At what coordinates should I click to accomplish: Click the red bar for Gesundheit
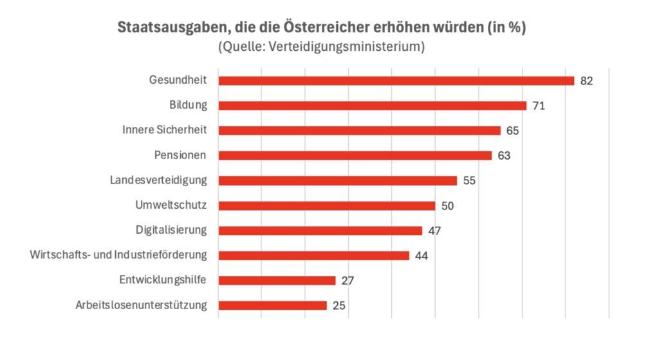tap(396, 81)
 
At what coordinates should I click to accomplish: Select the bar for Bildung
tap(372, 106)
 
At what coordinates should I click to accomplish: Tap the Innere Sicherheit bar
tap(359, 131)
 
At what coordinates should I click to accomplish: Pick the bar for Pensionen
tap(355, 155)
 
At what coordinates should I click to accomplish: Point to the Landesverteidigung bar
tap(337, 180)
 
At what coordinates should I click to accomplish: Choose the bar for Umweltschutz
tap(326, 205)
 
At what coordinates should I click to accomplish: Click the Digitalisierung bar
tap(320, 231)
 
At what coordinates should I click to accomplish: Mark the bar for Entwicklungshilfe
tap(277, 280)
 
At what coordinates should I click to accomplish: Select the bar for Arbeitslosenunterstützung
tap(272, 305)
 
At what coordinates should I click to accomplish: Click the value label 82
tap(586, 81)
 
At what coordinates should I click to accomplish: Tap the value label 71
tap(539, 106)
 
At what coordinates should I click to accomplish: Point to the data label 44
tap(422, 256)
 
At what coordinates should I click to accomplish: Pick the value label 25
tap(339, 306)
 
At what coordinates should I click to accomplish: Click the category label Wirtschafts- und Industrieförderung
tap(118, 255)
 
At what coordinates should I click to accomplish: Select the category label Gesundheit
tap(178, 81)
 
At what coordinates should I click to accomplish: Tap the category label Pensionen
tap(181, 155)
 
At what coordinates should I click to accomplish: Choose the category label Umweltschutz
tap(171, 205)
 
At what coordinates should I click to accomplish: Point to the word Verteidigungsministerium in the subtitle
tap(350, 47)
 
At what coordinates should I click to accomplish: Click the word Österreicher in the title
tap(345, 29)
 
